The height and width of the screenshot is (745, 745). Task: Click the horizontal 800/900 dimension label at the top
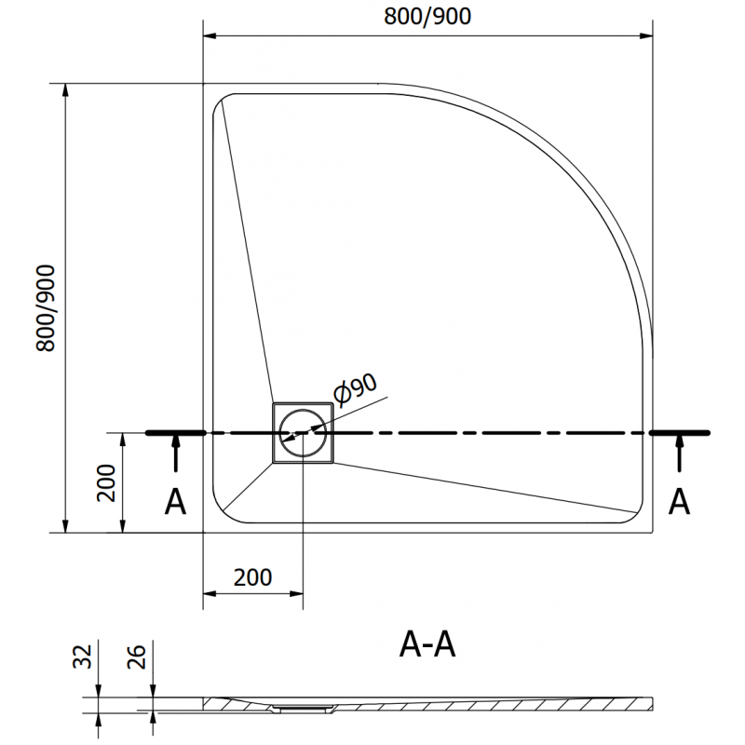pos(427,17)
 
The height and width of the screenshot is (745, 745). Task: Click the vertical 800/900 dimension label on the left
pos(47,308)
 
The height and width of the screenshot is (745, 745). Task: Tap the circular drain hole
pos(303,433)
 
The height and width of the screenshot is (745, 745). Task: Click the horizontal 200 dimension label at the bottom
pos(252,577)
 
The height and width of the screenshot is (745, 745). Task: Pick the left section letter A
pos(175,503)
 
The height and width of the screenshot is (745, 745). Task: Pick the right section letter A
pos(681,503)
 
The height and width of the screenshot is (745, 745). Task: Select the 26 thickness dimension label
pos(136,660)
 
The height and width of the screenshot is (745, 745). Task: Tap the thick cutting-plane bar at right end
pos(681,433)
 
